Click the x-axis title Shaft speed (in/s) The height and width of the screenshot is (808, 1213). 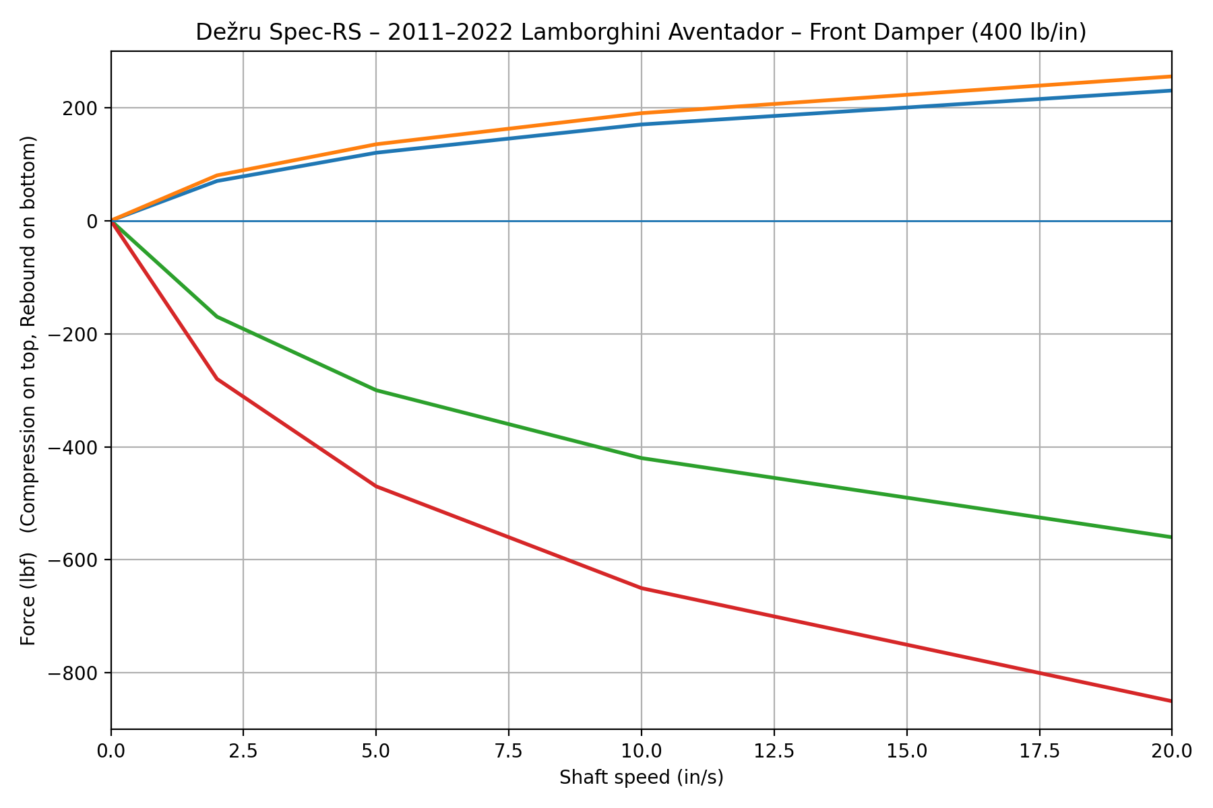641,778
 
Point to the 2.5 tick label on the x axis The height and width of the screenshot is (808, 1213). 243,749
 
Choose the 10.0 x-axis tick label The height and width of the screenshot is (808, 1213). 641,749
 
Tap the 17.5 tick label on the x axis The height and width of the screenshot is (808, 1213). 1039,749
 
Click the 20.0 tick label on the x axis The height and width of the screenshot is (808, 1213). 1171,749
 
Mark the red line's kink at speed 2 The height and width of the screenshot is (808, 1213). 217,379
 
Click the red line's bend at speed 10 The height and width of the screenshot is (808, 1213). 641,588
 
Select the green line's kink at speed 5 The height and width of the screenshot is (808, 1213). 376,391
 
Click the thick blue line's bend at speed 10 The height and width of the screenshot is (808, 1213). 641,125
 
